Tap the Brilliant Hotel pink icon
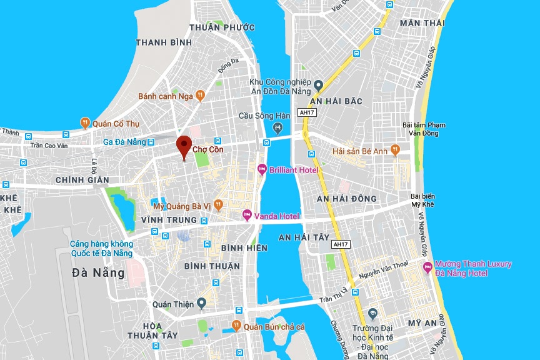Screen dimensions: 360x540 (262, 169)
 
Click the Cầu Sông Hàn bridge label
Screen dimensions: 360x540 (265, 116)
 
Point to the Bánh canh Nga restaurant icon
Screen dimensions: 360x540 (200, 96)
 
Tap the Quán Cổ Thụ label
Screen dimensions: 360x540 (115, 123)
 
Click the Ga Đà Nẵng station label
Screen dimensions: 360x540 (124, 142)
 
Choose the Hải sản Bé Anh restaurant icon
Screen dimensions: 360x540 (395, 150)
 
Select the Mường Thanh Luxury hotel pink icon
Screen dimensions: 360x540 (428, 268)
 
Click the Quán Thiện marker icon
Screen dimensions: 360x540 (201, 304)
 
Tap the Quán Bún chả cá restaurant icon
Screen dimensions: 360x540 (236, 326)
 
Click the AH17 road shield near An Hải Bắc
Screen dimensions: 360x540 (307, 112)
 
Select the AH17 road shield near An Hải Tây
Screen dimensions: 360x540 (341, 244)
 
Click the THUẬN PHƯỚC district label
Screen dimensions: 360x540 (222, 27)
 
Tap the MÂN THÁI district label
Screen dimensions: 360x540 (422, 23)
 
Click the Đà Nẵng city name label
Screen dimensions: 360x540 (99, 272)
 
